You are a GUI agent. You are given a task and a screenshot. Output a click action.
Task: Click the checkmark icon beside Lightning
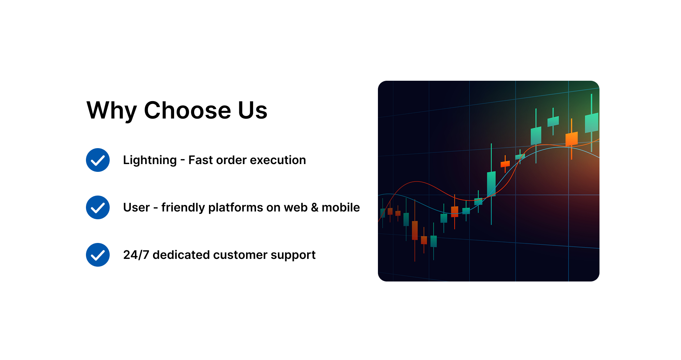[98, 160]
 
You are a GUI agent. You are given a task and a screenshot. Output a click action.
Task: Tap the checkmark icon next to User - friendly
[98, 207]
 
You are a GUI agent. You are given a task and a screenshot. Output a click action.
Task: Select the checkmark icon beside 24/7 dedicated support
[98, 255]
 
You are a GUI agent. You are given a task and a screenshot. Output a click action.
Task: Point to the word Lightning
[150, 160]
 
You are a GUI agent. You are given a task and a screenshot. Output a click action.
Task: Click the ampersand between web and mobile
[315, 207]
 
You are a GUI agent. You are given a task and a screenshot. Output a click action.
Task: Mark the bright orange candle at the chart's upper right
[571, 139]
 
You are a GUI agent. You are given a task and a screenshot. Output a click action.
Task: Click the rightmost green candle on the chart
[591, 123]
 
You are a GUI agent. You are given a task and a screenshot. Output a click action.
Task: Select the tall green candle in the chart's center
[491, 184]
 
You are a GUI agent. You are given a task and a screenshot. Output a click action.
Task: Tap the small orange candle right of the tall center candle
[505, 164]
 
